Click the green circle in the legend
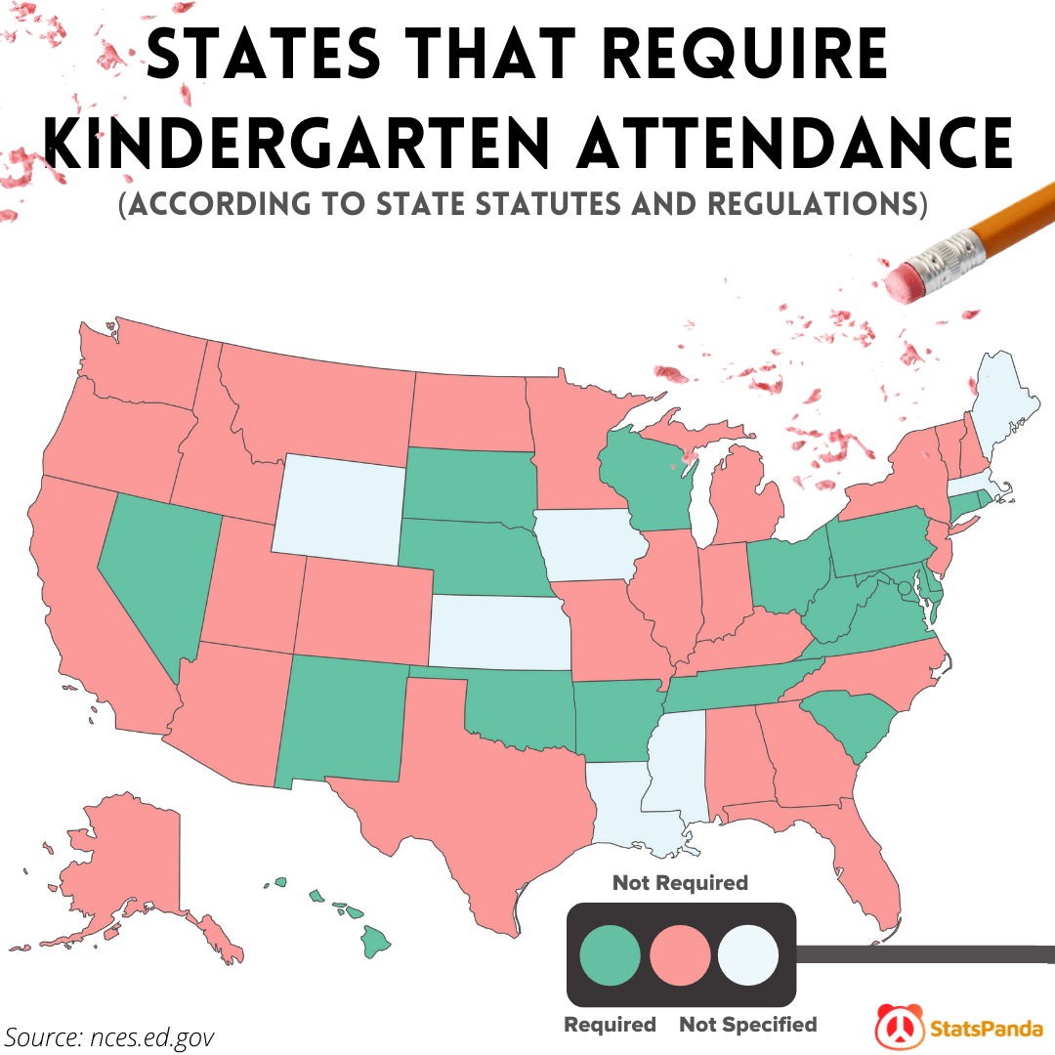tap(610, 953)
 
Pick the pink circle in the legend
tap(680, 953)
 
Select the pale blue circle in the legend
tap(748, 953)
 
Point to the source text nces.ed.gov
tap(109, 1035)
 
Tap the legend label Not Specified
tap(747, 1025)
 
